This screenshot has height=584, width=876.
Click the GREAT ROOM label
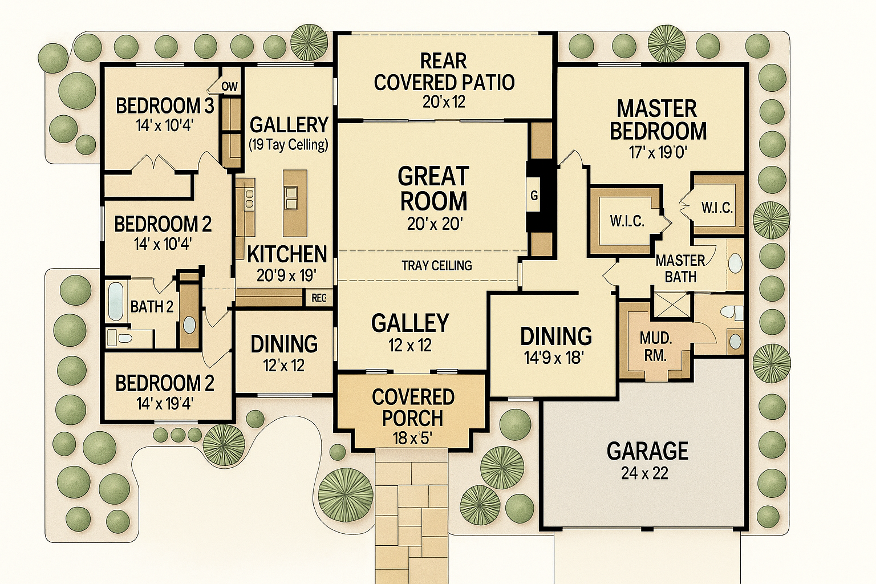(x=433, y=189)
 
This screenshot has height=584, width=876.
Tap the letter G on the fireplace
(x=534, y=195)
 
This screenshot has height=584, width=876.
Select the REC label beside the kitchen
(x=319, y=298)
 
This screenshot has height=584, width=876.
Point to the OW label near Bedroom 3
(x=230, y=87)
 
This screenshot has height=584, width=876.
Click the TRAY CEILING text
(x=437, y=266)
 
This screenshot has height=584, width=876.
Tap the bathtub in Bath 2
(x=115, y=301)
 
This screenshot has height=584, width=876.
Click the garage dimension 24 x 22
(x=644, y=474)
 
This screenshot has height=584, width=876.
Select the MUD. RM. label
(x=655, y=347)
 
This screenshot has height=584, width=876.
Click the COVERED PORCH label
(x=413, y=408)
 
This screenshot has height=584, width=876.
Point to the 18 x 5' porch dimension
(x=412, y=439)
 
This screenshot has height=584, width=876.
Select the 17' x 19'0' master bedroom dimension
(x=658, y=152)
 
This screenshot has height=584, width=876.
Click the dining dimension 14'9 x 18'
(x=554, y=357)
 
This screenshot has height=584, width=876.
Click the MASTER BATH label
(x=680, y=269)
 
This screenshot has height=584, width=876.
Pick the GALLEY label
(x=410, y=323)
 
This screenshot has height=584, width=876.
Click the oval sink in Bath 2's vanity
(x=189, y=325)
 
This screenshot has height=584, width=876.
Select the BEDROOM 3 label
(x=165, y=106)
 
